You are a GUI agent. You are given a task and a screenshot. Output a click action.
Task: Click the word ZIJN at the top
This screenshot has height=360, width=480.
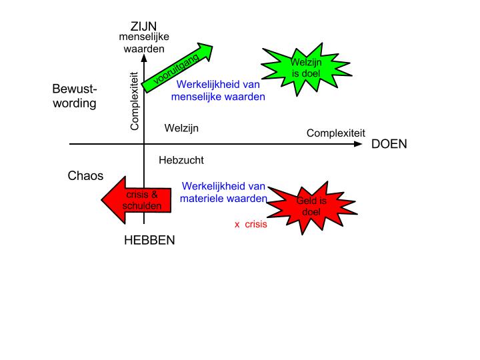[143, 27]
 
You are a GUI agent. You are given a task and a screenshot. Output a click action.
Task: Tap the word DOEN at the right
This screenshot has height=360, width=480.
[389, 144]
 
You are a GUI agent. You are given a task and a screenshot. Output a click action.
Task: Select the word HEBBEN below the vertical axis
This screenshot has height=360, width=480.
[149, 241]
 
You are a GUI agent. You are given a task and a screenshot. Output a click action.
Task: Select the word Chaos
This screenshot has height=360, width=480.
[86, 176]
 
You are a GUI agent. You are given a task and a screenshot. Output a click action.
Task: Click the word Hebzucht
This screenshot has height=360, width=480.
[181, 160]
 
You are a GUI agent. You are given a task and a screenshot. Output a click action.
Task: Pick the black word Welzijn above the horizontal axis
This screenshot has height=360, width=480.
[181, 128]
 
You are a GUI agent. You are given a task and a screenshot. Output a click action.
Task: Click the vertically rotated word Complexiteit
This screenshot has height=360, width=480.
[134, 101]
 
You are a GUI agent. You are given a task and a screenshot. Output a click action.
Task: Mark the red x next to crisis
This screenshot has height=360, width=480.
[237, 225]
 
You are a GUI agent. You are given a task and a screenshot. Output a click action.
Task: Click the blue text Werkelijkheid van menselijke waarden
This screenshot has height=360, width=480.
[218, 91]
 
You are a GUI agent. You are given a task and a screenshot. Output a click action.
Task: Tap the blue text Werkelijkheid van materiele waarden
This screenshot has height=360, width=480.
[224, 192]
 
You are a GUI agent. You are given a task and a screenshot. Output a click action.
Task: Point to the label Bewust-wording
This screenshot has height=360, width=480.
[75, 97]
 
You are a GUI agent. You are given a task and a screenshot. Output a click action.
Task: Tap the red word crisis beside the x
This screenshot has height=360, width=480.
[256, 225]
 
